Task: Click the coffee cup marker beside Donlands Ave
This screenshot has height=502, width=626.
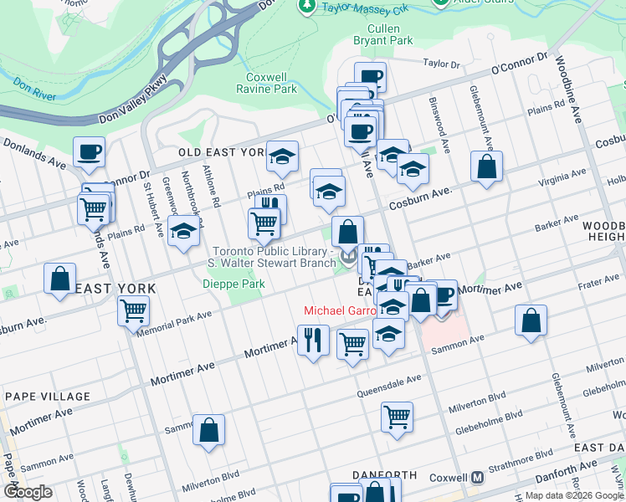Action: tap(89, 152)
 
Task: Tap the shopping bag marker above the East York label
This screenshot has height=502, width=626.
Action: tap(60, 279)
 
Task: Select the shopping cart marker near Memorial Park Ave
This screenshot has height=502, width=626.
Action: tap(134, 311)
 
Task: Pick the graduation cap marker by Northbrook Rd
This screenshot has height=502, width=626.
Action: tap(182, 232)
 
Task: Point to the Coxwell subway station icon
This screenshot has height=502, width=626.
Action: tap(477, 478)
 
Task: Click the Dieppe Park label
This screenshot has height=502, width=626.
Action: tap(233, 284)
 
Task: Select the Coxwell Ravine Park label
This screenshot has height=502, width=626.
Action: tap(267, 83)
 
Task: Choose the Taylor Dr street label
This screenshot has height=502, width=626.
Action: tap(442, 64)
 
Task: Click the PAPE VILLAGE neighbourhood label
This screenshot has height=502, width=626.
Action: tap(47, 396)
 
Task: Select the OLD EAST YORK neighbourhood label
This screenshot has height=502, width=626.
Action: tap(221, 153)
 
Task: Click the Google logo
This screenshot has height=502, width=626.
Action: tap(28, 491)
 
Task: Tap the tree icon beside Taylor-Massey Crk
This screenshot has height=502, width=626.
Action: tap(307, 6)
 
